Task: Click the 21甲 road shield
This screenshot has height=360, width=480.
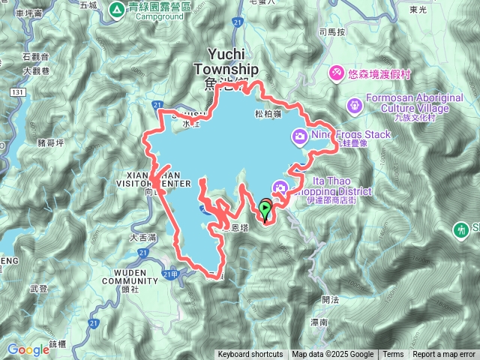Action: (173, 274)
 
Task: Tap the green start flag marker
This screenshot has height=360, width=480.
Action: (265, 208)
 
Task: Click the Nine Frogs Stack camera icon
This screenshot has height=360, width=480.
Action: (299, 136)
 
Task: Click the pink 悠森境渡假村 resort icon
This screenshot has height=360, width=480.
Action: (337, 72)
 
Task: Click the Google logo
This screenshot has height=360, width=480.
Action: (28, 349)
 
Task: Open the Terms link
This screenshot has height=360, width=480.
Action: (393, 355)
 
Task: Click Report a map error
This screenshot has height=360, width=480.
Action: (445, 355)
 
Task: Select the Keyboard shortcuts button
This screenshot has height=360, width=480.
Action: (250, 355)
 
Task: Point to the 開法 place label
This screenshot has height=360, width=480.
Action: (330, 299)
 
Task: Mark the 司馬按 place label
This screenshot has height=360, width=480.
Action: (331, 32)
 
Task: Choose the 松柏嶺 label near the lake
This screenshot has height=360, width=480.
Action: (268, 114)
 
